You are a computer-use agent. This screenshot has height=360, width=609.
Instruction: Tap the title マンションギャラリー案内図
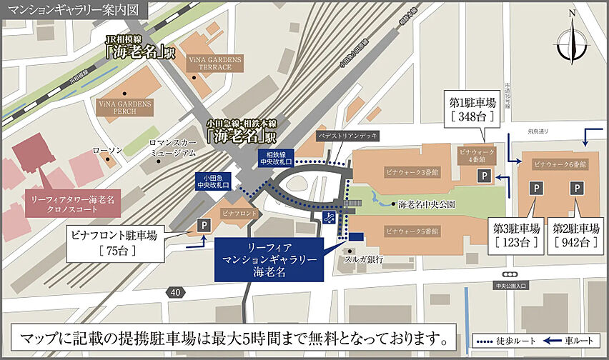75,10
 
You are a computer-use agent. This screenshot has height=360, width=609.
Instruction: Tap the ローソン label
108,151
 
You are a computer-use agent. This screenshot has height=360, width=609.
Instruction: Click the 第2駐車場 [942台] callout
575,235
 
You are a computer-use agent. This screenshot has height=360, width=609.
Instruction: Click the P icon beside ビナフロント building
204,226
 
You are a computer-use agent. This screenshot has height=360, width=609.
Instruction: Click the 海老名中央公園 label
427,204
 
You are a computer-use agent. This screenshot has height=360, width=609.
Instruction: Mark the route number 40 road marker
176,291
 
